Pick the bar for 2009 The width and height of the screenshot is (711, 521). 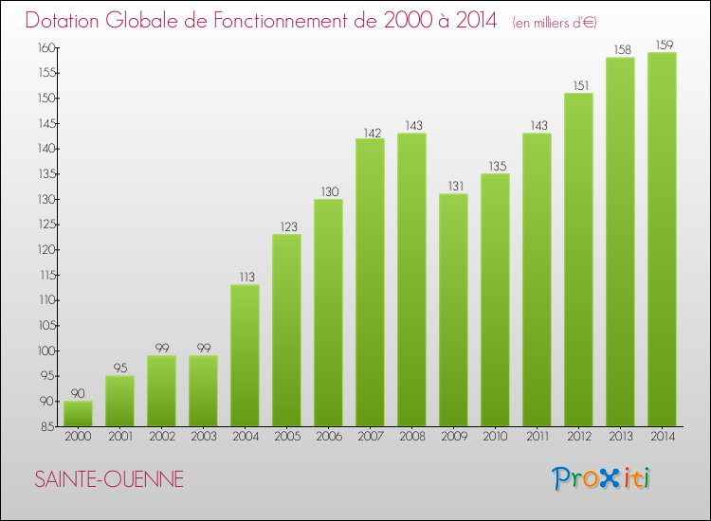pos(453,310)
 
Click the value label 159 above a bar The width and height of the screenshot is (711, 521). pos(662,44)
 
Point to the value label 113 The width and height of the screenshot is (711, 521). pos(245,277)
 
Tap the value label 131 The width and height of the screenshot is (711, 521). pos(453,186)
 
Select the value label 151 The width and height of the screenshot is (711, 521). pos(578,84)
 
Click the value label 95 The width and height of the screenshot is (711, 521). pos(119,368)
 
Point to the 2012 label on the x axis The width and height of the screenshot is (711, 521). pos(578,438)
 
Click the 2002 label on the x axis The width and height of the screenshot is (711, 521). pos(161,438)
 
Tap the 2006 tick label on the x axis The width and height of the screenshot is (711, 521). pos(328,438)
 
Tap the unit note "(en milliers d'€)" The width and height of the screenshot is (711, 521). pos(555,22)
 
